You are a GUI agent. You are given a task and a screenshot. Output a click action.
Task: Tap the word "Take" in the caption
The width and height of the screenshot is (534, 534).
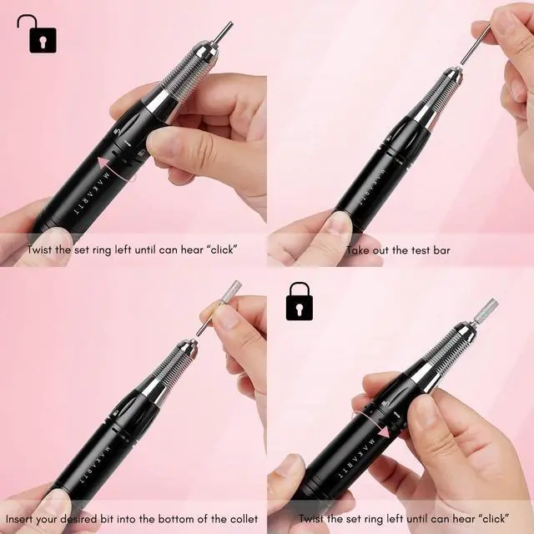(x=356, y=249)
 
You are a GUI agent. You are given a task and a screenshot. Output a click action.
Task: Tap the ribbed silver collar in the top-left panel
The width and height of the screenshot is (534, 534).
(x=188, y=71)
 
